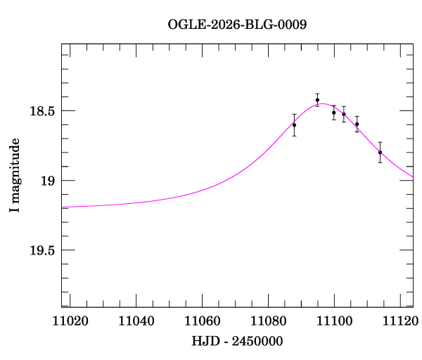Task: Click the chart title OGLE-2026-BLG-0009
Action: click(237, 24)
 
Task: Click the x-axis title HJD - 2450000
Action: click(238, 341)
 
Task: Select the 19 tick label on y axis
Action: click(48, 181)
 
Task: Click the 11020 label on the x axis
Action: click(72, 321)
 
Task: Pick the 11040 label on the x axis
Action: click(137, 321)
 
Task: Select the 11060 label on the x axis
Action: click(203, 321)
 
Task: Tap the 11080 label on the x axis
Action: click(268, 321)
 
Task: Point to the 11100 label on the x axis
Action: click(333, 321)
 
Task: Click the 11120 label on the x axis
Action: click(398, 321)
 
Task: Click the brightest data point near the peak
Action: click(317, 100)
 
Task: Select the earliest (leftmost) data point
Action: click(294, 124)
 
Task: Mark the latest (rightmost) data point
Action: click(380, 153)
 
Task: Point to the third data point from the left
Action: click(334, 112)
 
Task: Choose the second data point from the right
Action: click(357, 124)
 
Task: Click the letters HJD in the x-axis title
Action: click(203, 341)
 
